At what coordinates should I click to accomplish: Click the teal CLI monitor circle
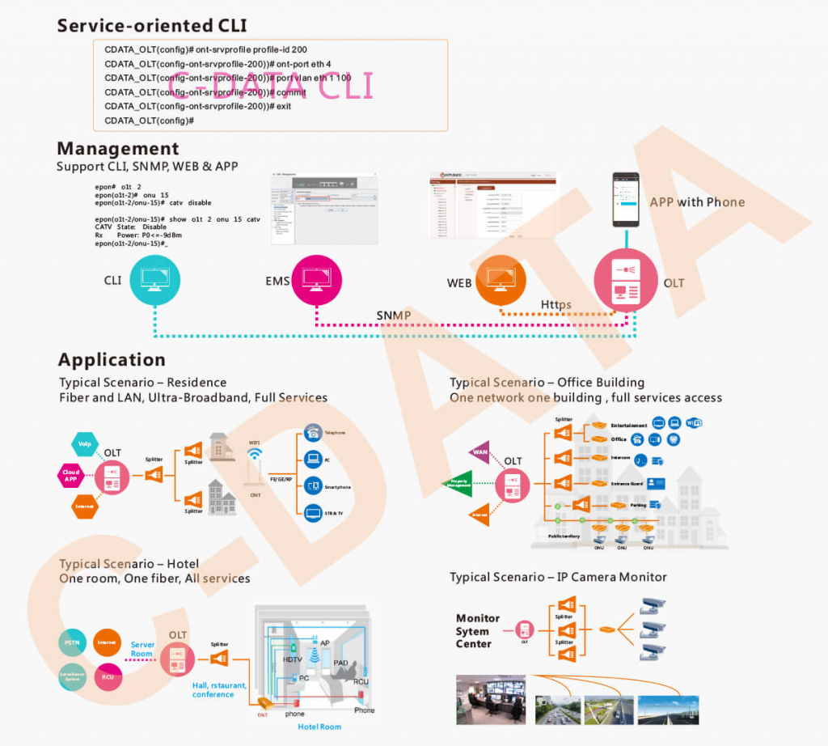point(154,280)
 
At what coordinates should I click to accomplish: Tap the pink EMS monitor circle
point(316,280)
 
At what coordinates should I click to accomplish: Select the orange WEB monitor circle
point(500,280)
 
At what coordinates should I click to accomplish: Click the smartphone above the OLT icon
point(625,200)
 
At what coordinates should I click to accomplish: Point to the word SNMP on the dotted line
point(393,315)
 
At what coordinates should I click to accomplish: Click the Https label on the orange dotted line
point(556,304)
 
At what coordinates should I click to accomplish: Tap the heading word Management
point(118,149)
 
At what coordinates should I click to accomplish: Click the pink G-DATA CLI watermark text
point(270,86)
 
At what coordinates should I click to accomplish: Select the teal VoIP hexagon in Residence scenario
point(85,443)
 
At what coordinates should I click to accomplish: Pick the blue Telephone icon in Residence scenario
point(312,433)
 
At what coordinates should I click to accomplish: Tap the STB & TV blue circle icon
point(312,512)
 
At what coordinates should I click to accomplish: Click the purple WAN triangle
point(480,451)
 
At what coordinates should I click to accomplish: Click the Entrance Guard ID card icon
point(655,484)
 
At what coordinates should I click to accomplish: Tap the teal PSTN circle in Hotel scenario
point(71,643)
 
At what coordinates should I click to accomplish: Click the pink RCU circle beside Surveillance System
point(108,676)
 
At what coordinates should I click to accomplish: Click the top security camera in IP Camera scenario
point(654,606)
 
